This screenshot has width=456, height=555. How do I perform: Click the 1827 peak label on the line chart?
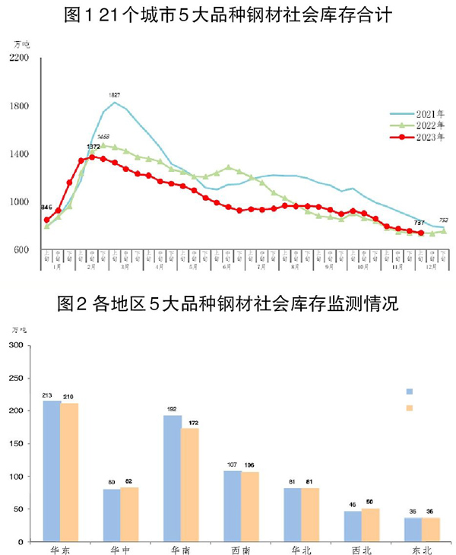(116, 95)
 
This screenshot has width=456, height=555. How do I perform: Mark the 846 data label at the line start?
(47, 208)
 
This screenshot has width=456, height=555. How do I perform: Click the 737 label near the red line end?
(418, 222)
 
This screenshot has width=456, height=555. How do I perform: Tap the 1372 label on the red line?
(93, 146)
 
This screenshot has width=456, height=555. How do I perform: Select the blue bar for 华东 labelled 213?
(52, 471)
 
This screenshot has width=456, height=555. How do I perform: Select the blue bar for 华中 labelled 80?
(112, 515)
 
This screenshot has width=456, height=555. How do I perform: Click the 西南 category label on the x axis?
(241, 548)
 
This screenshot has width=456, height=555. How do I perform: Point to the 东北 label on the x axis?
(422, 548)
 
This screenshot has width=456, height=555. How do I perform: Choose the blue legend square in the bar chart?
(409, 391)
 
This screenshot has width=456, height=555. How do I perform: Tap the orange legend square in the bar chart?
(409, 408)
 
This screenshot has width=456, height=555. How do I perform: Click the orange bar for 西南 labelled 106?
(250, 506)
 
